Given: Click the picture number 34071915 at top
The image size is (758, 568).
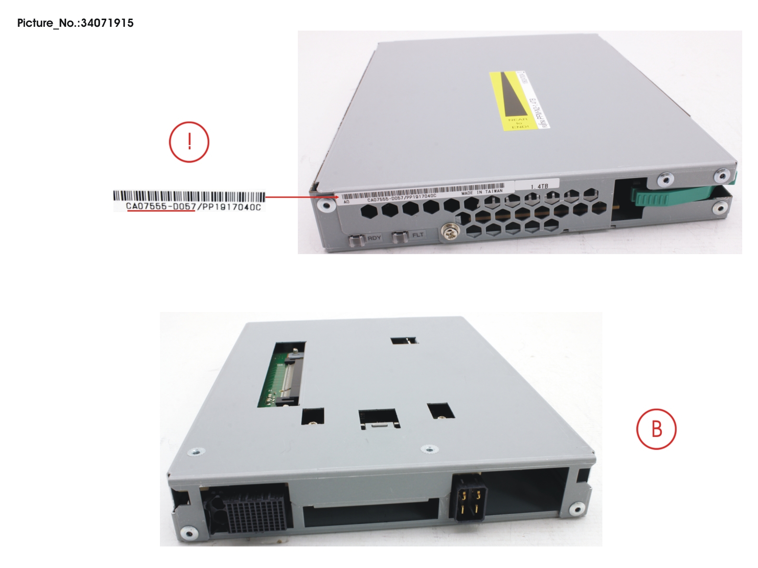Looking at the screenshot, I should click(x=107, y=23).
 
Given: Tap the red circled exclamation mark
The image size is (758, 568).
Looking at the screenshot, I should click(x=189, y=142).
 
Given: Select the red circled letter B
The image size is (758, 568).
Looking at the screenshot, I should click(x=656, y=429).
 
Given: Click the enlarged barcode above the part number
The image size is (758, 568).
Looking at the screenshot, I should click(x=189, y=196).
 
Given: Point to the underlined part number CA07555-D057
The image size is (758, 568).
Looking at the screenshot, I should click(x=160, y=207).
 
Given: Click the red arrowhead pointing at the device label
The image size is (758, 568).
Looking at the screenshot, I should click(x=335, y=197).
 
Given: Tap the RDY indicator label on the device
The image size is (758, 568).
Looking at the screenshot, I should click(x=374, y=238).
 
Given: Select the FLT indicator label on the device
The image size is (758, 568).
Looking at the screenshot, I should click(x=418, y=235).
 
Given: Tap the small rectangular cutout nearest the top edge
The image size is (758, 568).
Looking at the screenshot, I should click(x=404, y=341).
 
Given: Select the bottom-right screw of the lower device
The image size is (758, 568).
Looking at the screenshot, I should click(x=577, y=510).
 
